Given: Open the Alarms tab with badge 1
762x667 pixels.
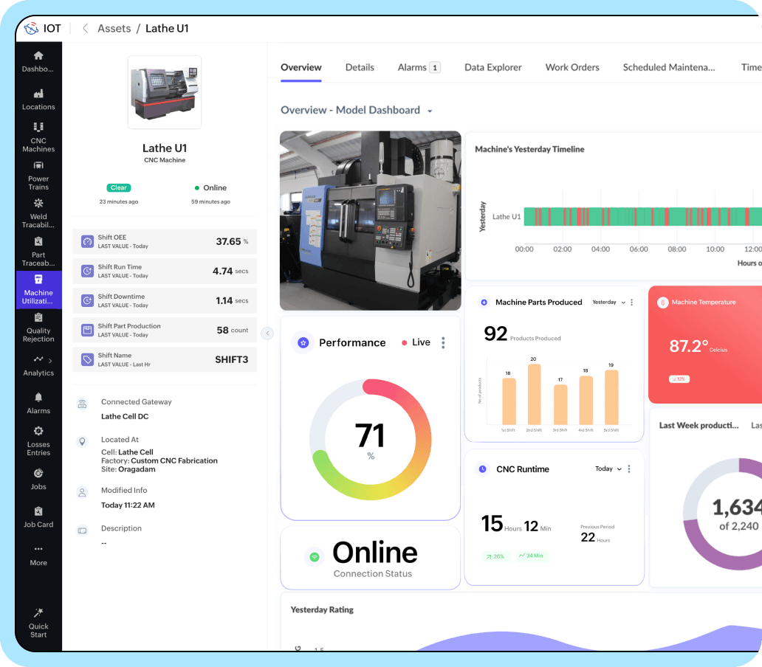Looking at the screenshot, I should (x=418, y=67).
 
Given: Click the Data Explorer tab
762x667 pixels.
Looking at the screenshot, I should (x=492, y=67).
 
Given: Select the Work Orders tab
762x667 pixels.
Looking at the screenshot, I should (x=572, y=67).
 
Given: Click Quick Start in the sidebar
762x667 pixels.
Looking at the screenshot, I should (x=38, y=623).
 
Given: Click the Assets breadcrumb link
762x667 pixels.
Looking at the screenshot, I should (x=114, y=29).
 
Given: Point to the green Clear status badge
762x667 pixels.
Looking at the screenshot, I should (x=119, y=188).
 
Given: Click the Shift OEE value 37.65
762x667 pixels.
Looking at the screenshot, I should (x=228, y=241).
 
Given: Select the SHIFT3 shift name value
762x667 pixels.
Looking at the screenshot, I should (x=231, y=359).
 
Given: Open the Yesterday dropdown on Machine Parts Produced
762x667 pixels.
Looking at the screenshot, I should (x=608, y=303).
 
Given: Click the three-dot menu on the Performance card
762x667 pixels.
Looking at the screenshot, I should (x=443, y=342).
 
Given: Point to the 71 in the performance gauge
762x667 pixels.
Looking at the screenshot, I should (x=370, y=435).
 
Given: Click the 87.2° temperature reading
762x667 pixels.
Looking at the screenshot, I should (x=688, y=345).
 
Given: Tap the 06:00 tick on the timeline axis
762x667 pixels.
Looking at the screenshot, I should (x=639, y=249).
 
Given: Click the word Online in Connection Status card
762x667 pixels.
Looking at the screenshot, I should (x=374, y=553).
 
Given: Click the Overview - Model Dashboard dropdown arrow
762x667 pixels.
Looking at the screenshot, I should (x=430, y=111).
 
